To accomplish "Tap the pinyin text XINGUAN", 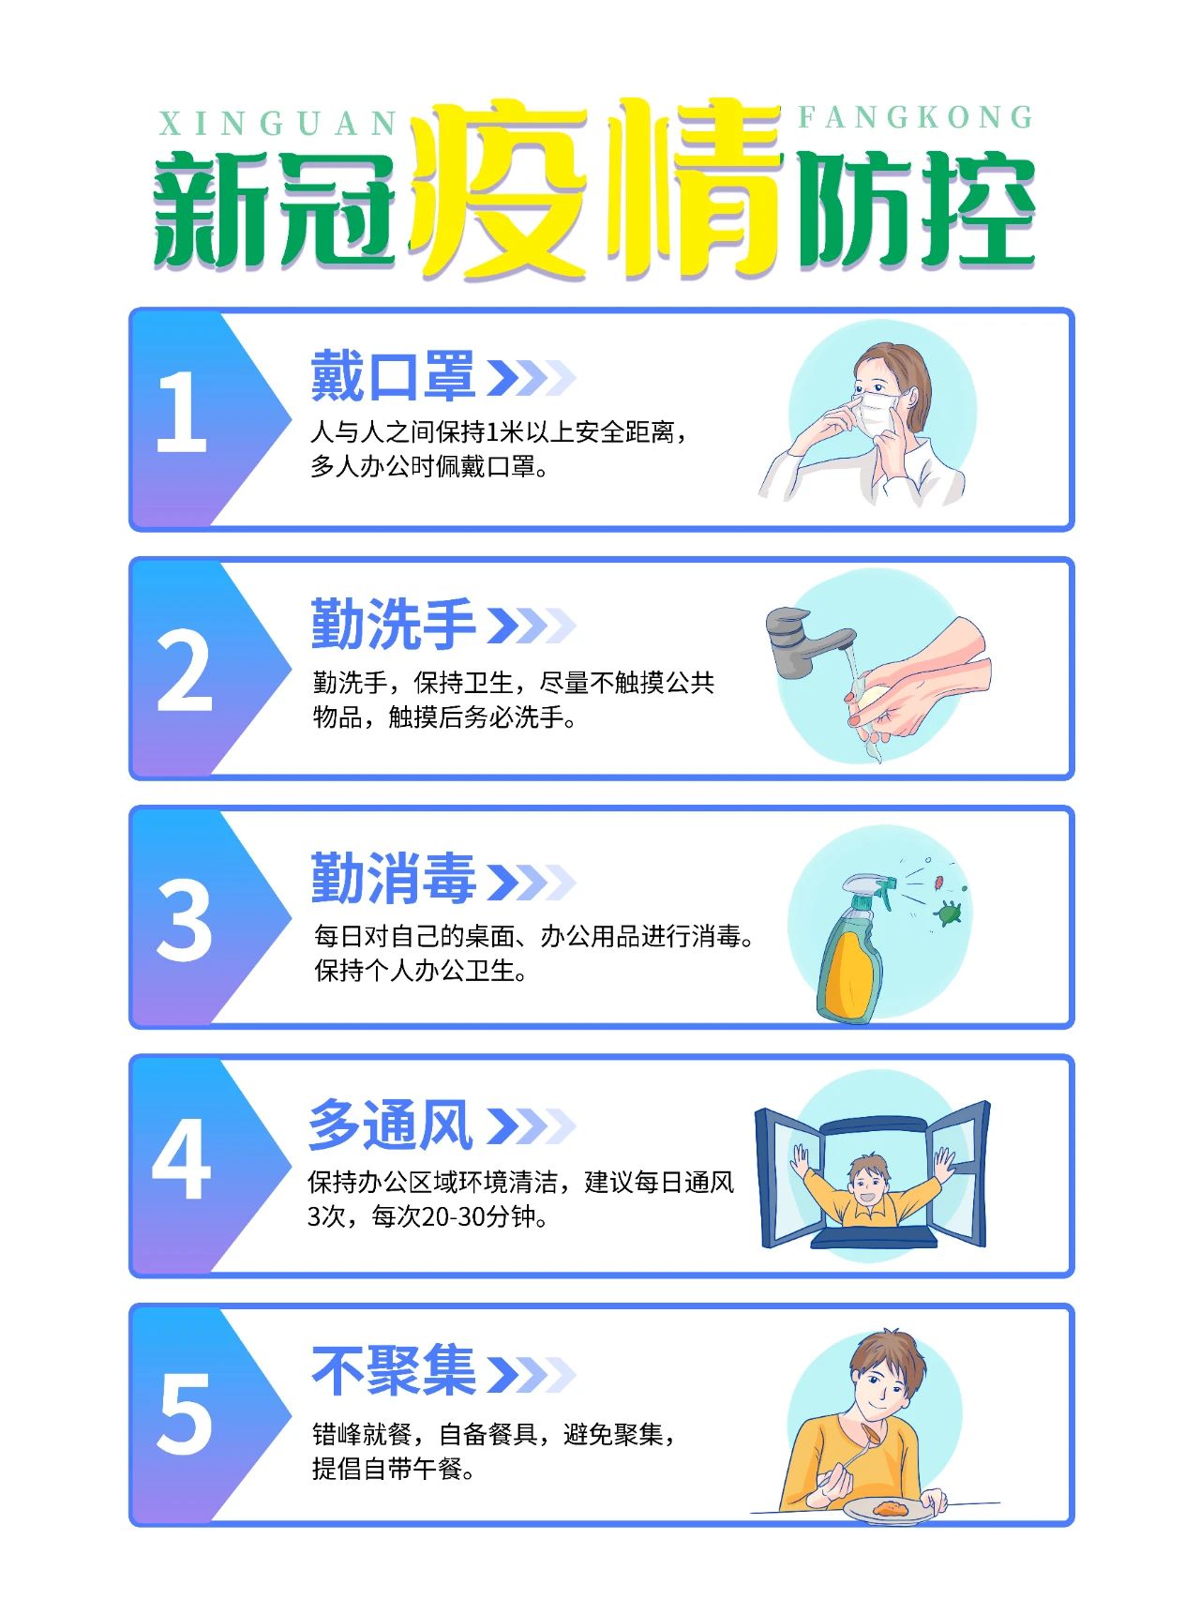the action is click(278, 124).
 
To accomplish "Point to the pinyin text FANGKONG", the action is click(916, 117).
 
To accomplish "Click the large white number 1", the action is click(182, 412).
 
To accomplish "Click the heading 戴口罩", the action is click(393, 376).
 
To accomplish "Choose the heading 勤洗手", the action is click(393, 624).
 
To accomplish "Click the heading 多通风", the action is click(390, 1125).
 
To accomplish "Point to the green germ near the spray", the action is click(950, 912).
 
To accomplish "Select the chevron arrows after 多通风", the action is click(530, 1125).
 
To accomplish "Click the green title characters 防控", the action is click(915, 210).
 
